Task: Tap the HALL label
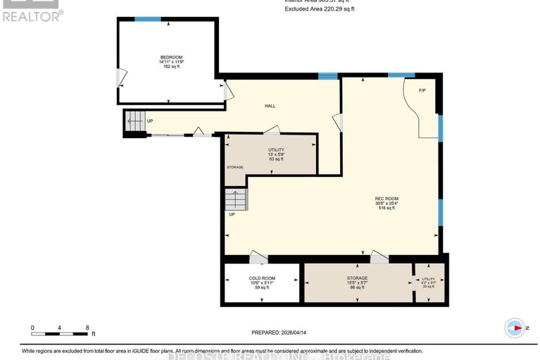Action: tap(270, 106)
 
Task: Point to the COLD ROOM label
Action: tap(262, 278)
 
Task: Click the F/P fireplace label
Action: tap(422, 90)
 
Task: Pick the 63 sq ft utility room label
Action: tap(275, 150)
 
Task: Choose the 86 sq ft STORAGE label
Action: tap(357, 278)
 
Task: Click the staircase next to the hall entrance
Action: tap(134, 121)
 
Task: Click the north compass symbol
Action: tap(515, 328)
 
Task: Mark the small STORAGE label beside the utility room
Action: tap(234, 167)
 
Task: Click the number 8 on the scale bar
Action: tap(87, 328)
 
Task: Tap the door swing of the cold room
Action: tap(258, 259)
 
